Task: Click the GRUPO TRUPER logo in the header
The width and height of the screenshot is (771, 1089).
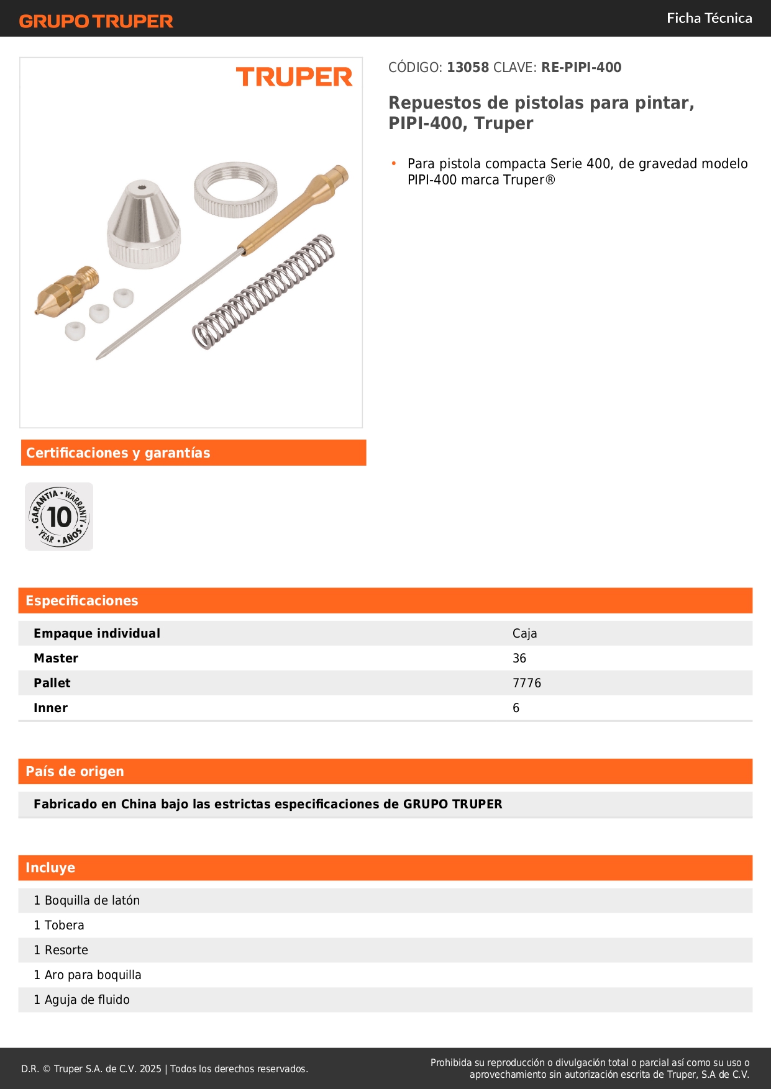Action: click(x=96, y=21)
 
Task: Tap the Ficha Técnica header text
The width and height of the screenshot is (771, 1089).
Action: click(x=709, y=19)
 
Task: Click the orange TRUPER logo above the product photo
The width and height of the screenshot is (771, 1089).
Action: click(x=294, y=77)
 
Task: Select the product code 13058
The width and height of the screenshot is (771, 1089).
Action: click(x=468, y=68)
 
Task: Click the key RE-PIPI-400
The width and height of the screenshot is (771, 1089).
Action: click(x=581, y=68)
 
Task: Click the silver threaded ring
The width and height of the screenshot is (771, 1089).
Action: click(x=235, y=189)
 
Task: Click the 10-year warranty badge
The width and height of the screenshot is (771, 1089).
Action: click(x=59, y=517)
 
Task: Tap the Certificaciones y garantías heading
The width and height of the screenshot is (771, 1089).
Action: click(x=118, y=453)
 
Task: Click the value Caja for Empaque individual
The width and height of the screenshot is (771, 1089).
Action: click(x=524, y=633)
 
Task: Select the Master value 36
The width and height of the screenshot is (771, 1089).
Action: click(x=519, y=658)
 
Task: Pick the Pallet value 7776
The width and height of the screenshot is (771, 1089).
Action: click(x=527, y=683)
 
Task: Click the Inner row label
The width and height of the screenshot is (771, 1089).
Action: click(x=51, y=708)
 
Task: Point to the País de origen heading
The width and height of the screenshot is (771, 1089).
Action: click(x=75, y=772)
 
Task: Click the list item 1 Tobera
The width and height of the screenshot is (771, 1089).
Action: click(x=59, y=925)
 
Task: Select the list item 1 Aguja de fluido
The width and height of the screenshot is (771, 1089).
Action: click(x=82, y=1000)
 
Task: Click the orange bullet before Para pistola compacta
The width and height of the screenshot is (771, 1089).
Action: click(x=393, y=163)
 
